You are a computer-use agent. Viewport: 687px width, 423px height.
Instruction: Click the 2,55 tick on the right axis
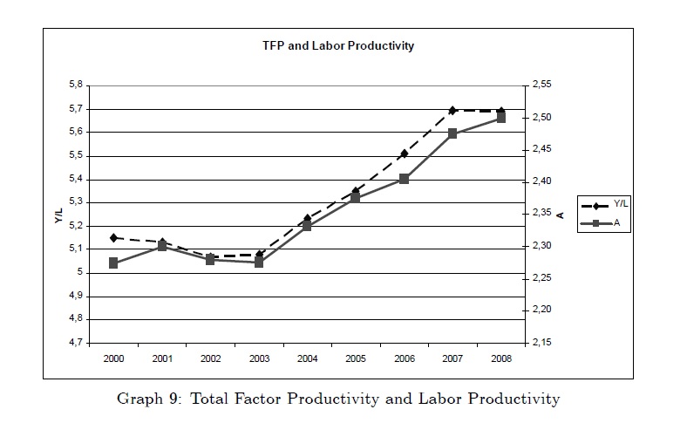[x=541, y=85]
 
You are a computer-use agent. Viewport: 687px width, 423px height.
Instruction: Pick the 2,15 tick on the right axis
[x=541, y=343]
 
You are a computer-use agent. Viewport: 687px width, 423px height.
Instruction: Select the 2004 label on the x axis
[x=307, y=358]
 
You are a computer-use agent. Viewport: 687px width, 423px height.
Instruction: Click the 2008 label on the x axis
[x=500, y=358]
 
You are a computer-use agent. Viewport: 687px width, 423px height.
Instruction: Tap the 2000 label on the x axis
[x=113, y=358]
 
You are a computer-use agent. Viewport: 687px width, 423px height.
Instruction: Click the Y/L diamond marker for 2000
[x=113, y=237]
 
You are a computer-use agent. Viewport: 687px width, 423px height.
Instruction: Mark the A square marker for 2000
[x=113, y=263]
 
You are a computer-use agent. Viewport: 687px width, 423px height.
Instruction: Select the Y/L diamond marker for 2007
[x=452, y=111]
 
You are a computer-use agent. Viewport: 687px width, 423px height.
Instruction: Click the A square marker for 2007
[x=452, y=133]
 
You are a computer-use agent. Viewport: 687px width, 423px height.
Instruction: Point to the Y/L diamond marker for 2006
[x=404, y=154]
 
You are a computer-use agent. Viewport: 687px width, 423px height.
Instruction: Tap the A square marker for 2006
[x=404, y=179]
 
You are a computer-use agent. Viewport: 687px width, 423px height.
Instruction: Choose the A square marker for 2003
[x=259, y=262]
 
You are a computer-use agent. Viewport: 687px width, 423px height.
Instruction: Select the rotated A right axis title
[x=561, y=215]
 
